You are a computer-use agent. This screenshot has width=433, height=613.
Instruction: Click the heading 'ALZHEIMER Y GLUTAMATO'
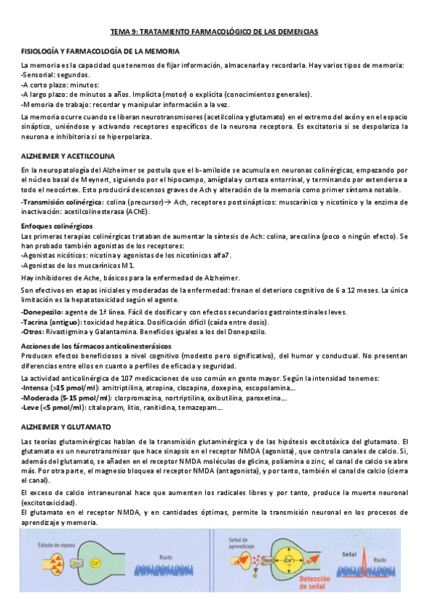pyautogui.click(x=67, y=427)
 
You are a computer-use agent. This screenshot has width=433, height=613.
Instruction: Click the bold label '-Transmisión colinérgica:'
pyautogui.click(x=63, y=202)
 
